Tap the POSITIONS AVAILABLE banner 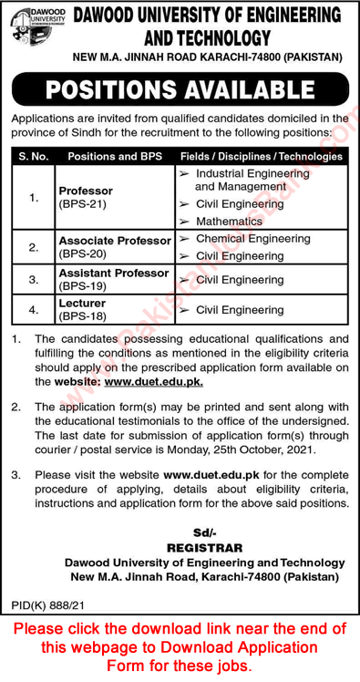pos(180,90)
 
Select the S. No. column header pos(33,156)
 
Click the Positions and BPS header pos(113,156)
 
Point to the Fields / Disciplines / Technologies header pos(262,156)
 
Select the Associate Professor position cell pos(114,246)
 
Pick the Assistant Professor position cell pos(113,278)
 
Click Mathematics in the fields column pos(228,221)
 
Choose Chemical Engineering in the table pos(252,238)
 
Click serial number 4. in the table pos(34,310)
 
